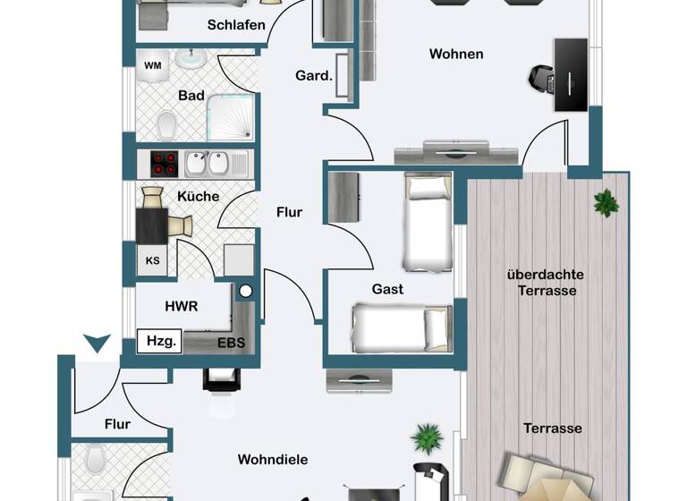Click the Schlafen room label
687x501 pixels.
236,24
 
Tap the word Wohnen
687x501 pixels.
456,54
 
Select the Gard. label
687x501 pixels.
314,76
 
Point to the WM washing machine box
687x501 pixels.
153,65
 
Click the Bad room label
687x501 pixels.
191,96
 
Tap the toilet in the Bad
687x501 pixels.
166,123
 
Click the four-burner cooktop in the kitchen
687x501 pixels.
164,163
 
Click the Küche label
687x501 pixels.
199,196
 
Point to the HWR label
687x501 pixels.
181,305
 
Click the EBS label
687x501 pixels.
232,341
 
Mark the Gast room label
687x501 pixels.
387,289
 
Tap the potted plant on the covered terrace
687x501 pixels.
606,203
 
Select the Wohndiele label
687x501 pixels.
273,459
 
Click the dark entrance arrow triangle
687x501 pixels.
97,343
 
